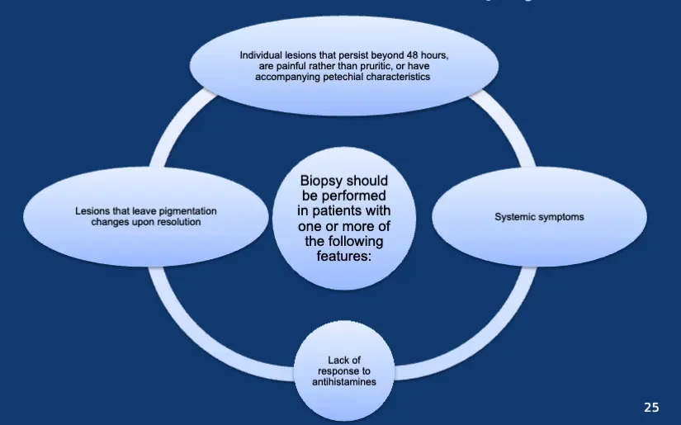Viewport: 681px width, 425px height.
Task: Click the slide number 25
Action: [651, 407]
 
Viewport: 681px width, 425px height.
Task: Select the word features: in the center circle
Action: [345, 256]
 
